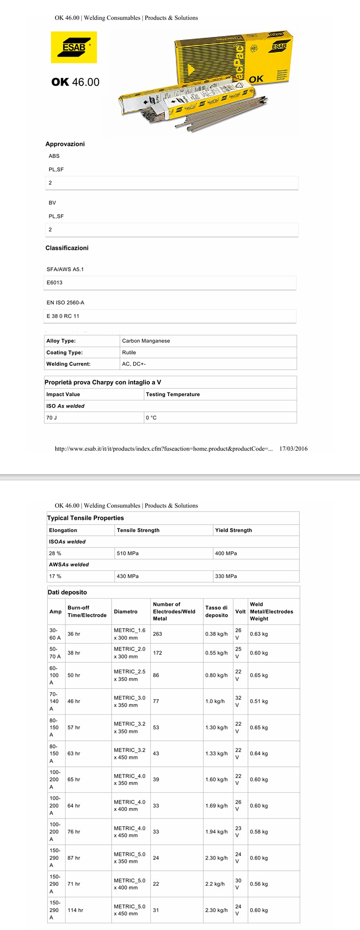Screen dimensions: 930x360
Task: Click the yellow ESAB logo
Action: point(74,47)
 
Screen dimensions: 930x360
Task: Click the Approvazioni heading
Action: point(65,144)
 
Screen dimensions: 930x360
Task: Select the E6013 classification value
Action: point(55,283)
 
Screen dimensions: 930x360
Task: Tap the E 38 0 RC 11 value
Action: point(63,316)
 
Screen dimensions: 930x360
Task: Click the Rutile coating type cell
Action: point(129,352)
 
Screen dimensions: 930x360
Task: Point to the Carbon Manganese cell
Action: point(146,341)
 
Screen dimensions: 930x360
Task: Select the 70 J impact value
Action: point(51,418)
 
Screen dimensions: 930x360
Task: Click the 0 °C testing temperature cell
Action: point(151,418)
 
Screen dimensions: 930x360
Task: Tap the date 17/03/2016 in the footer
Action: point(293,449)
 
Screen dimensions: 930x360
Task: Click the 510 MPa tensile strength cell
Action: point(128,553)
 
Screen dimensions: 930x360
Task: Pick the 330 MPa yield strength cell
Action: point(226,576)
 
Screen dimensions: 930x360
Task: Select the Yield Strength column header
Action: point(233,530)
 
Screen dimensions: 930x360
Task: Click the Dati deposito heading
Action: point(67,592)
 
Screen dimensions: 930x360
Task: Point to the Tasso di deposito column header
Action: point(216,611)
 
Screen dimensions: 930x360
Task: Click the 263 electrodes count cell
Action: point(158,634)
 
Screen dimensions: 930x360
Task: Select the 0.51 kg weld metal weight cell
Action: point(259,702)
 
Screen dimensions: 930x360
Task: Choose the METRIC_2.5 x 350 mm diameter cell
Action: point(129,675)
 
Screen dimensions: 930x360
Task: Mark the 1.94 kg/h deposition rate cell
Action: point(216,832)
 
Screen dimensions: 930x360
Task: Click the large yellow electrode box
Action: point(232,59)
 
